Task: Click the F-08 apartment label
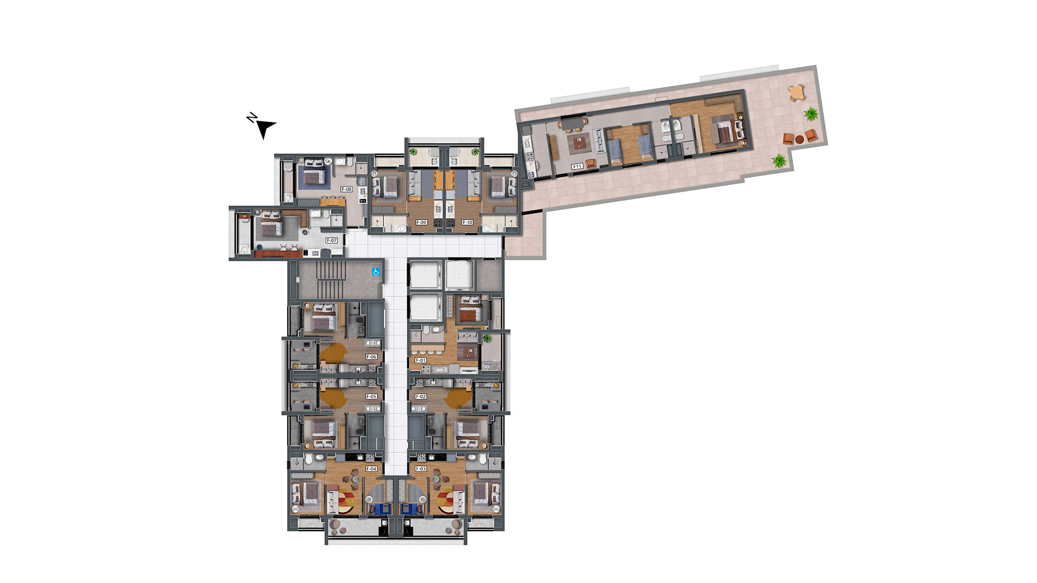pyautogui.click(x=346, y=189)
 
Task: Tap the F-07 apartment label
pyautogui.click(x=332, y=240)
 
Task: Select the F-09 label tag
pyautogui.click(x=421, y=222)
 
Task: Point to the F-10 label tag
pyautogui.click(x=467, y=222)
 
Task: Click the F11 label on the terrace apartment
pyautogui.click(x=577, y=166)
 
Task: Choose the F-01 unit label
pyautogui.click(x=421, y=360)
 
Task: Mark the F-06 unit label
pyautogui.click(x=371, y=357)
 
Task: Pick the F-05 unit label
pyautogui.click(x=371, y=397)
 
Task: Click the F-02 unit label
pyautogui.click(x=421, y=397)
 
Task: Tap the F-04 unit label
pyautogui.click(x=371, y=469)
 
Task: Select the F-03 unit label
pyautogui.click(x=421, y=469)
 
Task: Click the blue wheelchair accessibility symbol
pyautogui.click(x=376, y=272)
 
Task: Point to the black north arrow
pyautogui.click(x=265, y=128)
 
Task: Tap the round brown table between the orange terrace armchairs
pyautogui.click(x=799, y=139)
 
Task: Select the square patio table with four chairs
pyautogui.click(x=796, y=93)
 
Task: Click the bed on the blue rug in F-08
pyautogui.click(x=313, y=175)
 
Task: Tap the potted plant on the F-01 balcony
pyautogui.click(x=487, y=338)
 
